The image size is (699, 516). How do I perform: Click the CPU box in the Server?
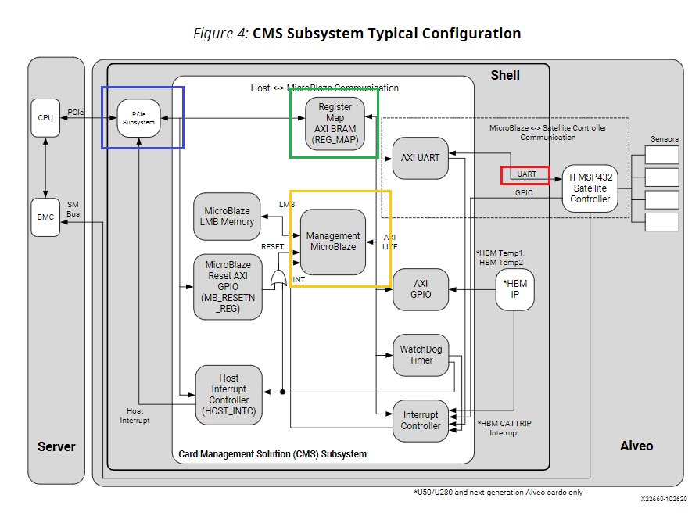click(45, 118)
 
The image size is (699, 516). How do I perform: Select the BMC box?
click(45, 217)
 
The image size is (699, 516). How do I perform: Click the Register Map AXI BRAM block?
click(334, 124)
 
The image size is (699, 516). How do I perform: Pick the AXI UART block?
click(421, 157)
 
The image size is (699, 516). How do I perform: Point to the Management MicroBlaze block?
click(333, 242)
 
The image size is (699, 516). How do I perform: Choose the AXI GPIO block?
click(421, 289)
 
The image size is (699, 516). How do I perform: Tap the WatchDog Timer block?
click(421, 355)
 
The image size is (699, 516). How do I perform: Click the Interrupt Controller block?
click(421, 421)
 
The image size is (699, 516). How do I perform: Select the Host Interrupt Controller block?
click(228, 395)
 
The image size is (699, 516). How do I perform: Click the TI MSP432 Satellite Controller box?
click(590, 188)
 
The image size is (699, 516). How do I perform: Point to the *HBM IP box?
click(515, 289)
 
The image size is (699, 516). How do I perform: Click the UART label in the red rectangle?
click(526, 174)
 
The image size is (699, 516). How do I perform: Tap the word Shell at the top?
click(505, 75)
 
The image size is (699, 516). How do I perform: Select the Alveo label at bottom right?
click(636, 446)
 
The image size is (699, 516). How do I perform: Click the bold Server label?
click(56, 447)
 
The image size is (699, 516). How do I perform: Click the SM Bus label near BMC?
click(73, 209)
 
